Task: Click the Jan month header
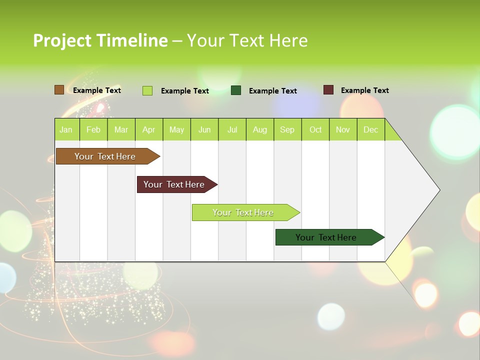tap(66, 129)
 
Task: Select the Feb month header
tap(93, 129)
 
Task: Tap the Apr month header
tap(149, 129)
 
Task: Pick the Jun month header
tap(204, 129)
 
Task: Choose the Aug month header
tap(260, 129)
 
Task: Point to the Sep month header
tap(287, 129)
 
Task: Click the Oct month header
tap(315, 129)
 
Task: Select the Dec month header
tap(371, 129)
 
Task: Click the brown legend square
tap(59, 90)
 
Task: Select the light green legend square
tap(147, 90)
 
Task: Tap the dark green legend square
tap(236, 90)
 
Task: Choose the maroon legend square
tap(328, 90)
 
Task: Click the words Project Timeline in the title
tap(100, 40)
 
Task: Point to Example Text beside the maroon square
tap(364, 90)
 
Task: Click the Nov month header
tap(343, 129)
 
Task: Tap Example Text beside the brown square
tap(97, 90)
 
